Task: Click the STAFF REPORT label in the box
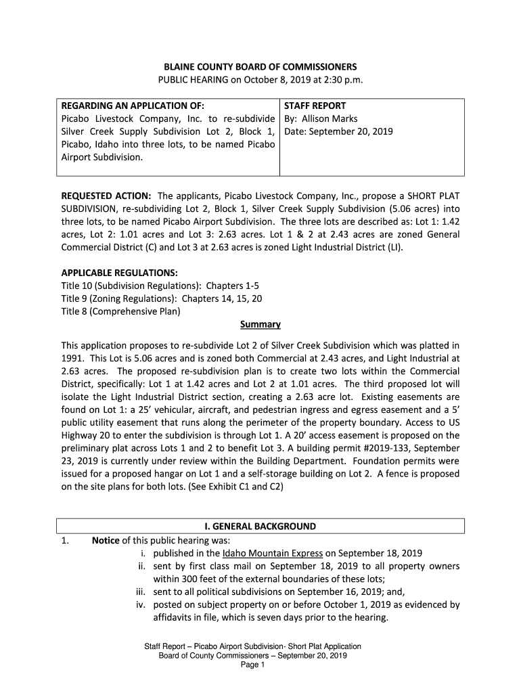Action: [x=315, y=106]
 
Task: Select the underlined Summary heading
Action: [x=260, y=324]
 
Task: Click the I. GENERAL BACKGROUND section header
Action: [x=260, y=526]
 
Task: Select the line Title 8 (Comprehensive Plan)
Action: [x=121, y=311]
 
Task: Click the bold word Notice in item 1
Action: [x=106, y=540]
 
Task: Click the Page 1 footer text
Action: [x=252, y=665]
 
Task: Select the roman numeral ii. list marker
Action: [x=141, y=566]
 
